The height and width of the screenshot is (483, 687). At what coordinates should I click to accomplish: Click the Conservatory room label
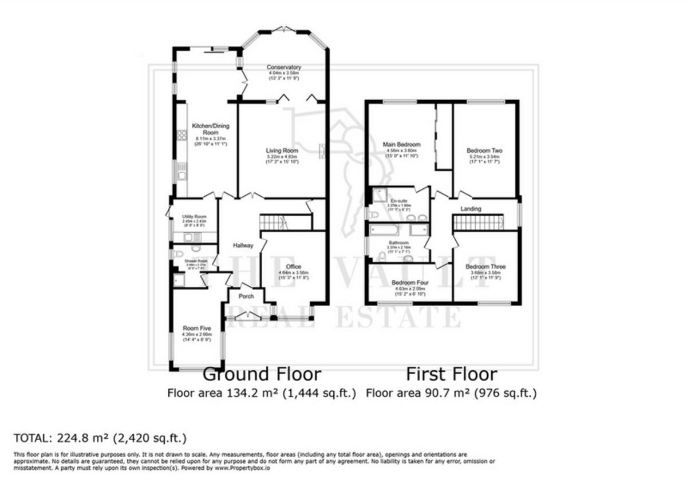pos(284,68)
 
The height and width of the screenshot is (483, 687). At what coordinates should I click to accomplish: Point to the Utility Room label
pos(194,217)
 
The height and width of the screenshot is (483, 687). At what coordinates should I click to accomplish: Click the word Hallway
pos(243,246)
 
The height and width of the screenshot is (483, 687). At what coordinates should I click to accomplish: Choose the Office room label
pos(294,267)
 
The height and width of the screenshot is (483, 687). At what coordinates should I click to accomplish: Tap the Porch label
pos(246,296)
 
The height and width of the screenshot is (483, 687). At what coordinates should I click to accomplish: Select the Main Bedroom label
pos(401,144)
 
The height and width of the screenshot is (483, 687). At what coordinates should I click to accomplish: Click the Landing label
pos(471,209)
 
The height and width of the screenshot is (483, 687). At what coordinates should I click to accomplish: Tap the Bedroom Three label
pos(485,267)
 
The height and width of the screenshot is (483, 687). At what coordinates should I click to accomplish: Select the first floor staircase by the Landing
pos(478,222)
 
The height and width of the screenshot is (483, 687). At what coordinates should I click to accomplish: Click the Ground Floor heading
pos(262,374)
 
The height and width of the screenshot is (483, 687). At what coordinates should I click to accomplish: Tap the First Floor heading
pos(452,374)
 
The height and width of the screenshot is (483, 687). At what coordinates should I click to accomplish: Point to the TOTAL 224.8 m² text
pos(100,438)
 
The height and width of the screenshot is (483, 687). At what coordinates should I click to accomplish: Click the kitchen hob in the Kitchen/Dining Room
pos(181,134)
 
